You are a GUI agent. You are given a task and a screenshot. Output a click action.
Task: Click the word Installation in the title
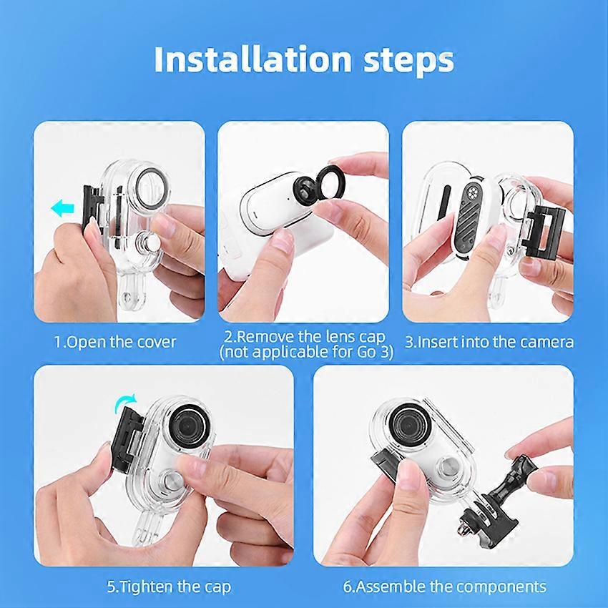point(252,59)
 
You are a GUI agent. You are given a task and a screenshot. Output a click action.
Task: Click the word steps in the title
point(408,62)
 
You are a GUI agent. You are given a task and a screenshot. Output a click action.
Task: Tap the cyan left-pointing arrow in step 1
point(62,208)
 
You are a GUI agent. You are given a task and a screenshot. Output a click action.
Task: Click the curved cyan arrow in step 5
point(126,403)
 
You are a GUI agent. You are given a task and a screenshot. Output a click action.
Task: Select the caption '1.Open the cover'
point(114,343)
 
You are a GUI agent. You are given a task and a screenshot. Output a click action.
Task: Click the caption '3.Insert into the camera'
point(489,343)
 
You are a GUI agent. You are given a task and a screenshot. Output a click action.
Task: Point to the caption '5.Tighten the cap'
point(169,587)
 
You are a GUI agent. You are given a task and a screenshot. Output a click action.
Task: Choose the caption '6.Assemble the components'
point(445,587)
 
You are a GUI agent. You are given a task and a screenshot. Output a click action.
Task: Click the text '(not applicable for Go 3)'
point(306,352)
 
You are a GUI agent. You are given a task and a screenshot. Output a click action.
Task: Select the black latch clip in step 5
point(127,437)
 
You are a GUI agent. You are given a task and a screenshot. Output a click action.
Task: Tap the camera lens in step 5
point(191,425)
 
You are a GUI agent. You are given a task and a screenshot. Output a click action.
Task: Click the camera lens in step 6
point(409,425)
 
